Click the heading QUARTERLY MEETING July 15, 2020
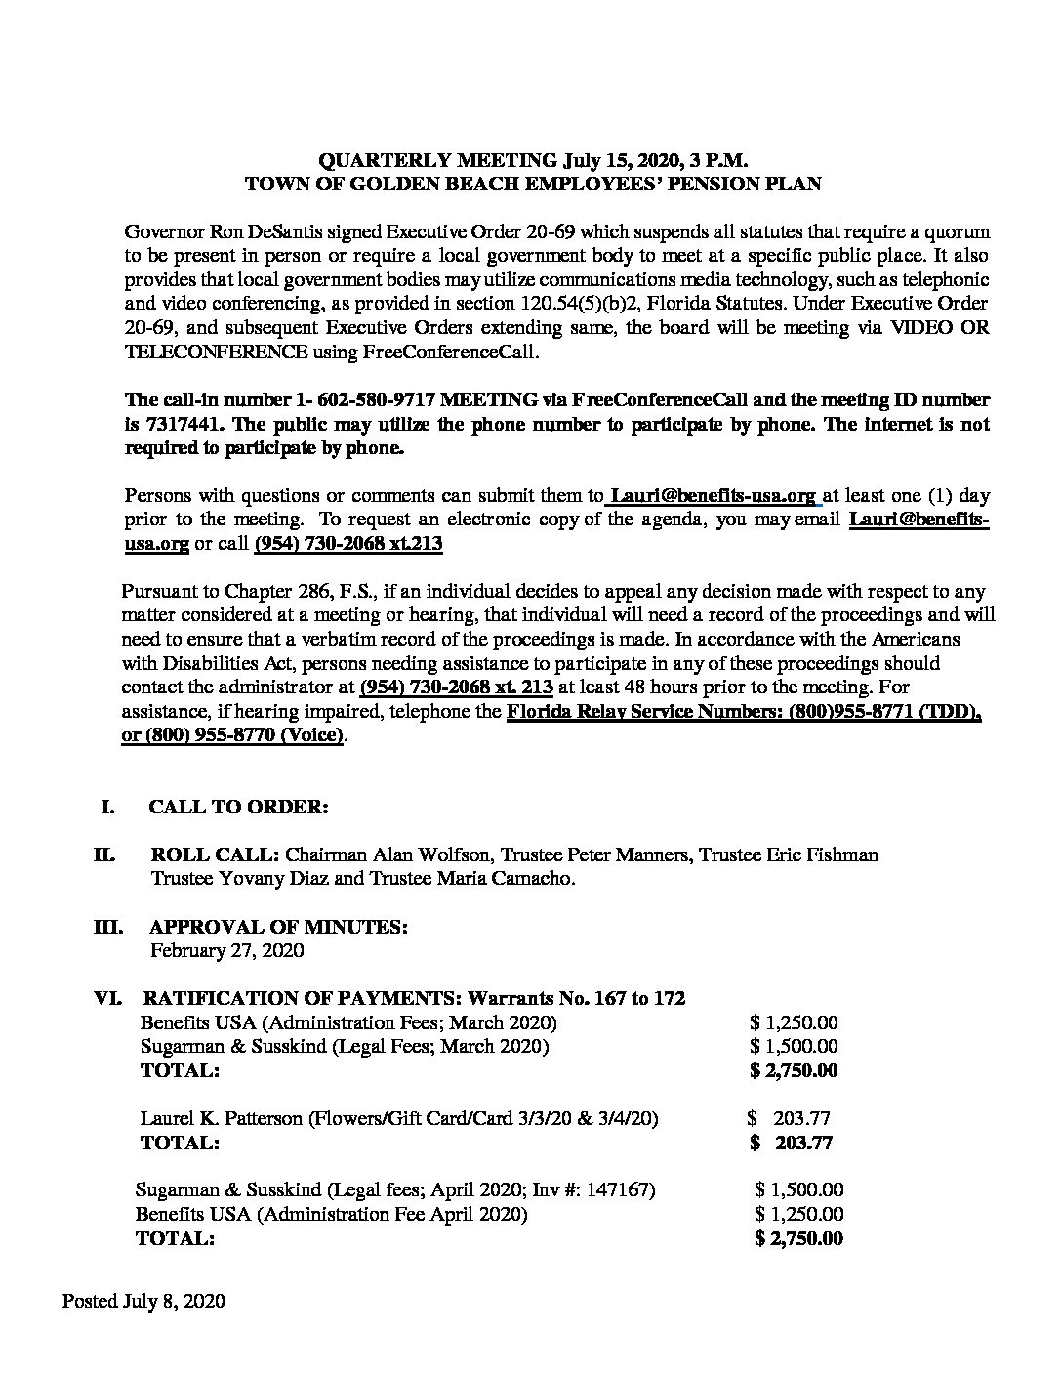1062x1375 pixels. coord(533,160)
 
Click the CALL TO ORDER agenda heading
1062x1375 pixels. coord(238,807)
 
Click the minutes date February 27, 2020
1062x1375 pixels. coord(226,949)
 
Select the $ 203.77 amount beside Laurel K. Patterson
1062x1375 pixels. coord(789,1118)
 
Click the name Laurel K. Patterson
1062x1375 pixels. coord(221,1118)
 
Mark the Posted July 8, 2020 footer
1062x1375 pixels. coord(144,1301)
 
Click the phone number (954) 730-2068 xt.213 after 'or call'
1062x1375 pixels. coord(347,544)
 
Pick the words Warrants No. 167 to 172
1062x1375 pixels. coord(577,998)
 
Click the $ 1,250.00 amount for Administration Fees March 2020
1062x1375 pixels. coord(794,1022)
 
